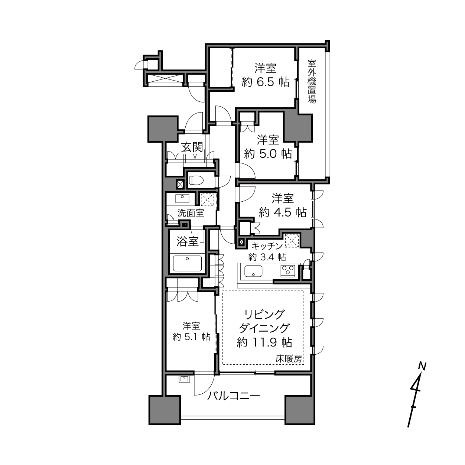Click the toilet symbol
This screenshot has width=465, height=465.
[x=196, y=180]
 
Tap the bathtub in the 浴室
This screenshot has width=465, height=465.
[x=187, y=263]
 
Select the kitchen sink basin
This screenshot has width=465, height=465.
[x=253, y=271]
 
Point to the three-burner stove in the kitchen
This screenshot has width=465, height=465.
[x=287, y=270]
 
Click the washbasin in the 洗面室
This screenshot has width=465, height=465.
[x=182, y=199]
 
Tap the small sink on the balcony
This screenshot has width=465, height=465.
[x=184, y=379]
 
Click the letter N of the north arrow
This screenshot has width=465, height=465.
[x=422, y=366]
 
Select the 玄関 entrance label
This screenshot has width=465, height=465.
[x=192, y=147]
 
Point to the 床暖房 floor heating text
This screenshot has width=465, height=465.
[x=289, y=359]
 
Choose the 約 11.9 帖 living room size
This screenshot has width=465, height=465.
[x=264, y=342]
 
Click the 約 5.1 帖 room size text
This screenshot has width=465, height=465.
[x=191, y=337]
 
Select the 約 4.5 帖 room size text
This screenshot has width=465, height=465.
[x=283, y=212]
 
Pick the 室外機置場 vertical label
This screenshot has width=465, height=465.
[x=312, y=82]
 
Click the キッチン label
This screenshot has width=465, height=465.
[x=267, y=246]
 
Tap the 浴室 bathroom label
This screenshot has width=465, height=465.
[x=188, y=241]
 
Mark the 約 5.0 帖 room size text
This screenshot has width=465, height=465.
[x=268, y=154]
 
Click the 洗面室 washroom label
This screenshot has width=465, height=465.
[x=191, y=213]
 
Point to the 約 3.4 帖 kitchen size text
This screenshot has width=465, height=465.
[x=267, y=257]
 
